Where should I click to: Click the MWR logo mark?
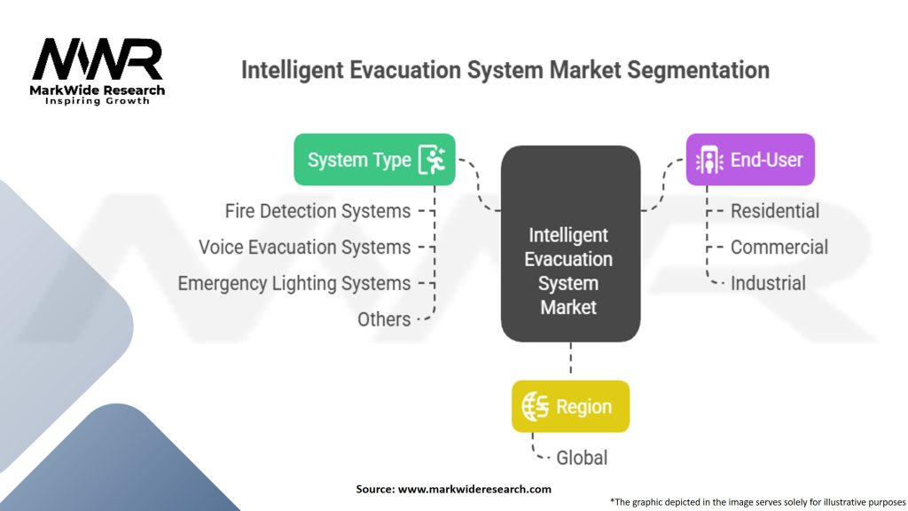tap(98, 59)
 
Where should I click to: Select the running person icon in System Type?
tap(434, 160)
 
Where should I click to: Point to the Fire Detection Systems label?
tap(317, 211)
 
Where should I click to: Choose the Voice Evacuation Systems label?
tap(304, 248)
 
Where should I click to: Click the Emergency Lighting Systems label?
tap(294, 284)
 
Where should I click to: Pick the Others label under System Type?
tap(384, 319)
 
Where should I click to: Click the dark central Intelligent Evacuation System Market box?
tap(570, 244)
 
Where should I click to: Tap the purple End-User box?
tap(749, 160)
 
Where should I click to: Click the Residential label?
tap(775, 211)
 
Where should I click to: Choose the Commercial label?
tap(779, 248)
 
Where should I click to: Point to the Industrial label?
tap(768, 284)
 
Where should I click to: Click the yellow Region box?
tap(570, 406)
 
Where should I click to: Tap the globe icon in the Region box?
tap(536, 406)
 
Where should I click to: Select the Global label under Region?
tap(582, 458)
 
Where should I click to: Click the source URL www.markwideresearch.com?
tap(474, 489)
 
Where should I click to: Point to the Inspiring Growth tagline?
tap(98, 101)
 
